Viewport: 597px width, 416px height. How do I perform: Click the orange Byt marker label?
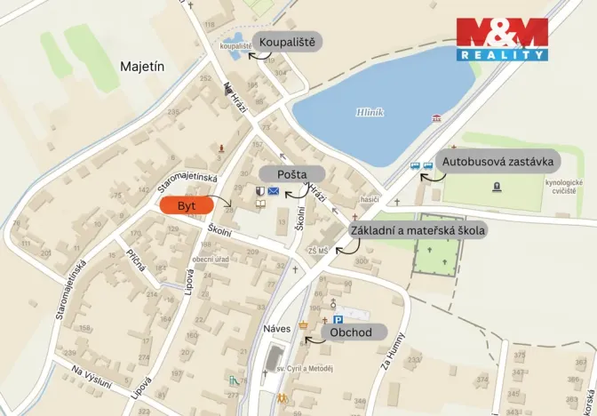187,205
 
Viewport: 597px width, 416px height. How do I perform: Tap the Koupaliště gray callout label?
287,43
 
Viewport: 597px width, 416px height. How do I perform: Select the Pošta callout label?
285,172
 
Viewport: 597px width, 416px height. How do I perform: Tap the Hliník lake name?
369,113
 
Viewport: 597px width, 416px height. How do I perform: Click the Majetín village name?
143,66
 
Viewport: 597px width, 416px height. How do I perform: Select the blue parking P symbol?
338,320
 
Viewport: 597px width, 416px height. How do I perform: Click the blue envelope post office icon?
274,191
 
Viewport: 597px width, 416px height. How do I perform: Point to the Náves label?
277,328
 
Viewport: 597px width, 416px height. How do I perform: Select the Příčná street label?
135,261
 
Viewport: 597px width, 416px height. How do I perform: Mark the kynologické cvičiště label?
564,186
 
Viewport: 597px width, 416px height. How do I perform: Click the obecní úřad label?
211,259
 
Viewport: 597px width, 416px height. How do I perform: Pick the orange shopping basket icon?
304,325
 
